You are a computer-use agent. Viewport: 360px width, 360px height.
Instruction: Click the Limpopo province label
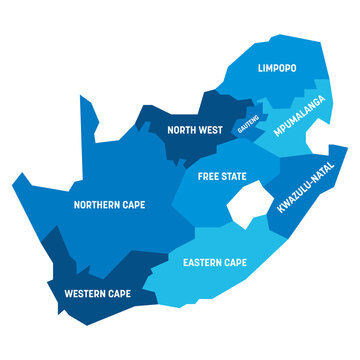pyautogui.click(x=278, y=69)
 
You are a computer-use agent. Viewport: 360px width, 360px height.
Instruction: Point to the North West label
pyautogui.click(x=195, y=128)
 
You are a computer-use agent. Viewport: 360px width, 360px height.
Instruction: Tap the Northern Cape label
pyautogui.click(x=109, y=204)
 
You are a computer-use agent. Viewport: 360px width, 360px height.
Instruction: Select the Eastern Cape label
pyautogui.click(x=214, y=262)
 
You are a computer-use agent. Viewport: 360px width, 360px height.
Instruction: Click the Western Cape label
pyautogui.click(x=97, y=294)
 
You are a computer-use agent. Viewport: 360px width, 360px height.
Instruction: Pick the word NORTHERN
pyautogui.click(x=96, y=204)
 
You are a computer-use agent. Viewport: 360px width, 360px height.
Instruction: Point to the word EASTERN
pyautogui.click(x=201, y=262)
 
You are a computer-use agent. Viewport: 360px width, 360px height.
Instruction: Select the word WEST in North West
pyautogui.click(x=212, y=128)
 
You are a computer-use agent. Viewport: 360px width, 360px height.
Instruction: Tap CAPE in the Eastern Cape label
pyautogui.click(x=235, y=262)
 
